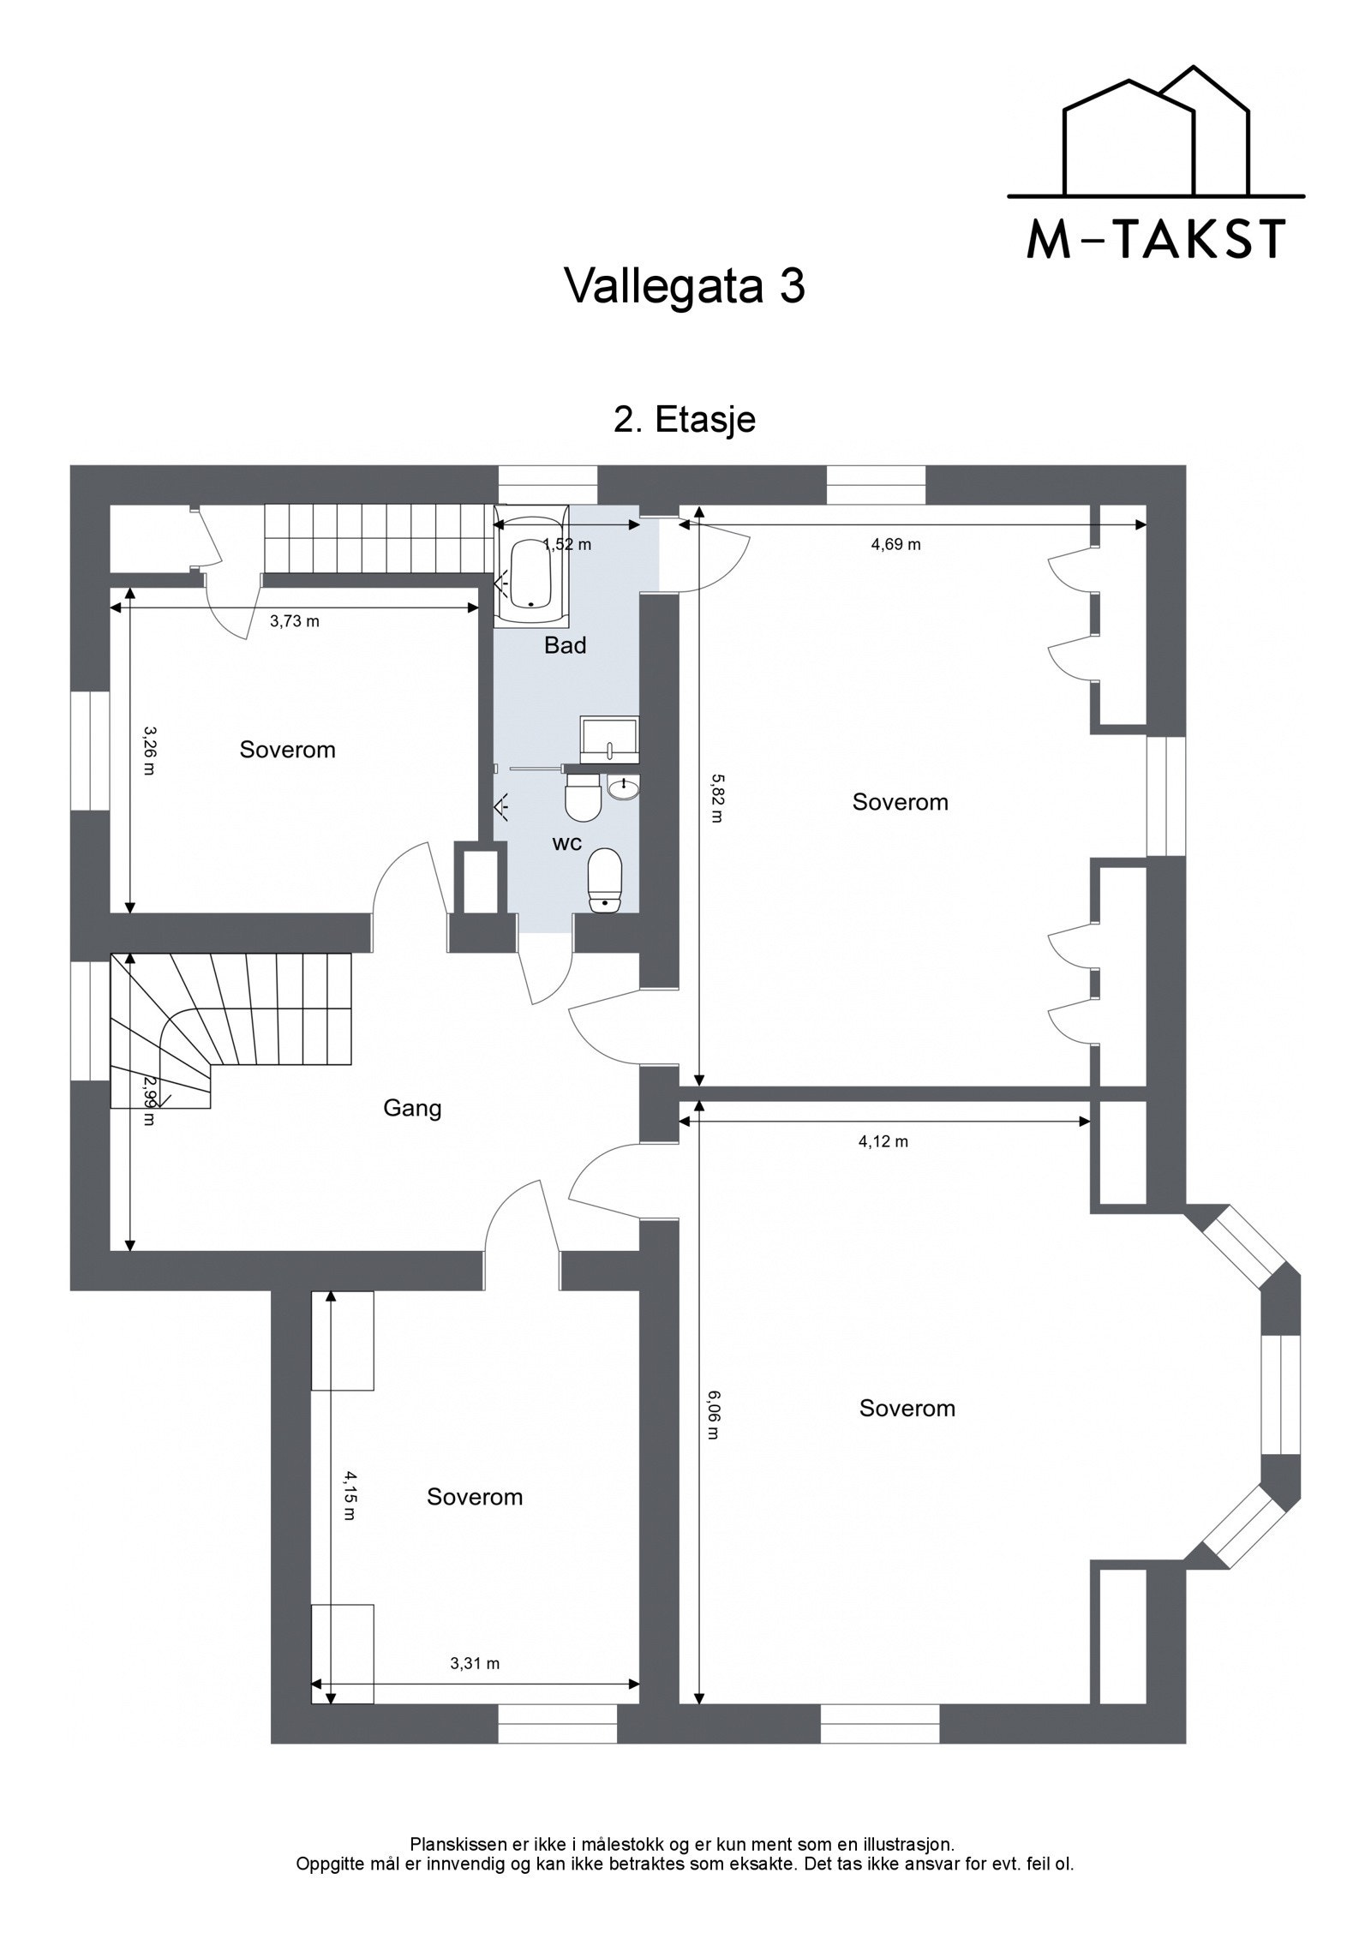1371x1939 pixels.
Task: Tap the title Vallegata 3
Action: tap(685, 286)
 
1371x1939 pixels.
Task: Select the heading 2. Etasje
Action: tap(685, 420)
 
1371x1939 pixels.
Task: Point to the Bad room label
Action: tap(566, 645)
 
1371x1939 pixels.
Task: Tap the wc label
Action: tap(567, 843)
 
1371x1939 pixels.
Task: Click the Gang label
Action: tap(412, 1108)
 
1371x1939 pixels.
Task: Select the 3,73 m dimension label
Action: tap(295, 621)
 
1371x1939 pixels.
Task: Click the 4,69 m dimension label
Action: tap(896, 544)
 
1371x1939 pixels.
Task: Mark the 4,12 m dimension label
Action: tap(883, 1141)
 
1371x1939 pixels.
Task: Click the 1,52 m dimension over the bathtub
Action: tap(567, 544)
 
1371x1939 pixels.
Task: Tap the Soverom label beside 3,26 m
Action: tap(287, 750)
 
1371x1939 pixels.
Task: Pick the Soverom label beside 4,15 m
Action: tap(475, 1497)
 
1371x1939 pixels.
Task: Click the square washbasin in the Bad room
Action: tap(609, 739)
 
